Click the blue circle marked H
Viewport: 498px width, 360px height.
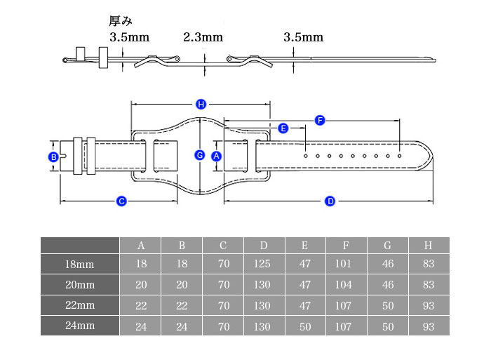tap(201, 105)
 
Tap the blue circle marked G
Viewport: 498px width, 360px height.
tap(200, 155)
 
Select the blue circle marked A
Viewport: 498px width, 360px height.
tap(217, 156)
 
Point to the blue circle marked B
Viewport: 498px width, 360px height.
tap(53, 157)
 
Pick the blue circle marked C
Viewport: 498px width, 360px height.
tap(121, 201)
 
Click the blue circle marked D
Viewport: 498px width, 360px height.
tap(330, 201)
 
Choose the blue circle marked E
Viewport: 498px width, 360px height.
tap(283, 128)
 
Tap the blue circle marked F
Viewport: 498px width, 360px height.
tap(320, 121)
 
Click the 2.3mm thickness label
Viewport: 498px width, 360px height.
tap(203, 37)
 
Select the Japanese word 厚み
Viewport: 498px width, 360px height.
tap(121, 21)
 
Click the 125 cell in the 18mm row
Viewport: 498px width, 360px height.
tap(262, 264)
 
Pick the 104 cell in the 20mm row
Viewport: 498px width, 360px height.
tap(343, 284)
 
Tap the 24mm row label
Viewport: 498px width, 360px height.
tap(80, 326)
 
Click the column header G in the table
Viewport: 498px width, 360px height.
tap(387, 246)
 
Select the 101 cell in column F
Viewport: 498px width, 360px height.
tap(343, 264)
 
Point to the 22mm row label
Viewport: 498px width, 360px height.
tap(80, 305)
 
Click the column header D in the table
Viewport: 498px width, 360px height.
tap(264, 246)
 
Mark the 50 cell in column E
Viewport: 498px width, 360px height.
tap(305, 326)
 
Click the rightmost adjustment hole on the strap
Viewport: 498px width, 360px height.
tap(400, 156)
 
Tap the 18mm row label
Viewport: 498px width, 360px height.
tap(80, 264)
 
